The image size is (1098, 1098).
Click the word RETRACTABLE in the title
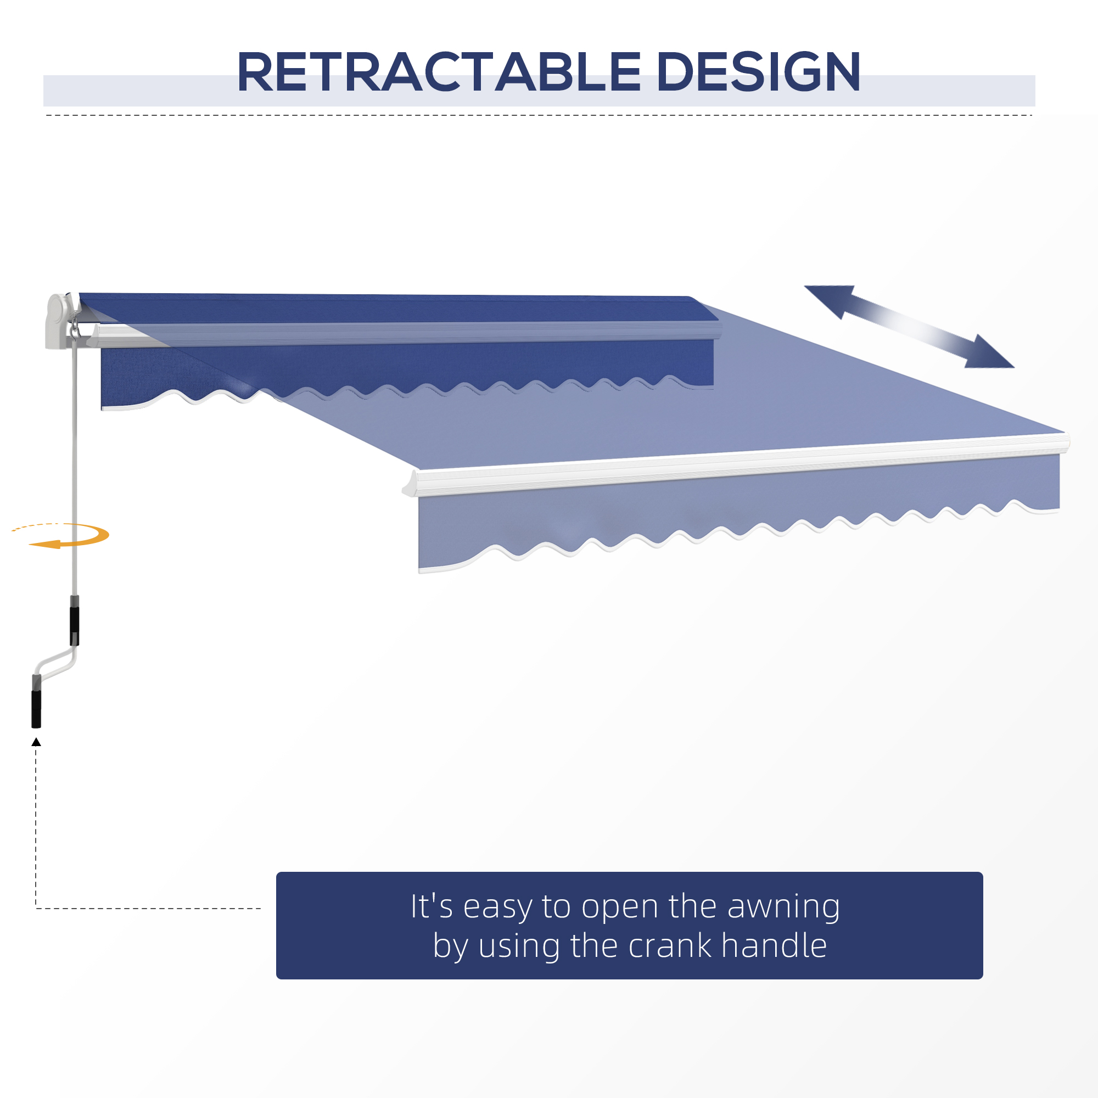click(x=439, y=72)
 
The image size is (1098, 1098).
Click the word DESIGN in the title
click(x=758, y=72)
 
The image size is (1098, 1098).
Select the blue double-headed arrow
click(x=909, y=326)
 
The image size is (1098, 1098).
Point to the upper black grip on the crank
click(x=75, y=626)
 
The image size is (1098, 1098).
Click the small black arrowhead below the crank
click(x=36, y=742)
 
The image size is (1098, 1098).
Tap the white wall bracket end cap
click(x=58, y=321)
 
